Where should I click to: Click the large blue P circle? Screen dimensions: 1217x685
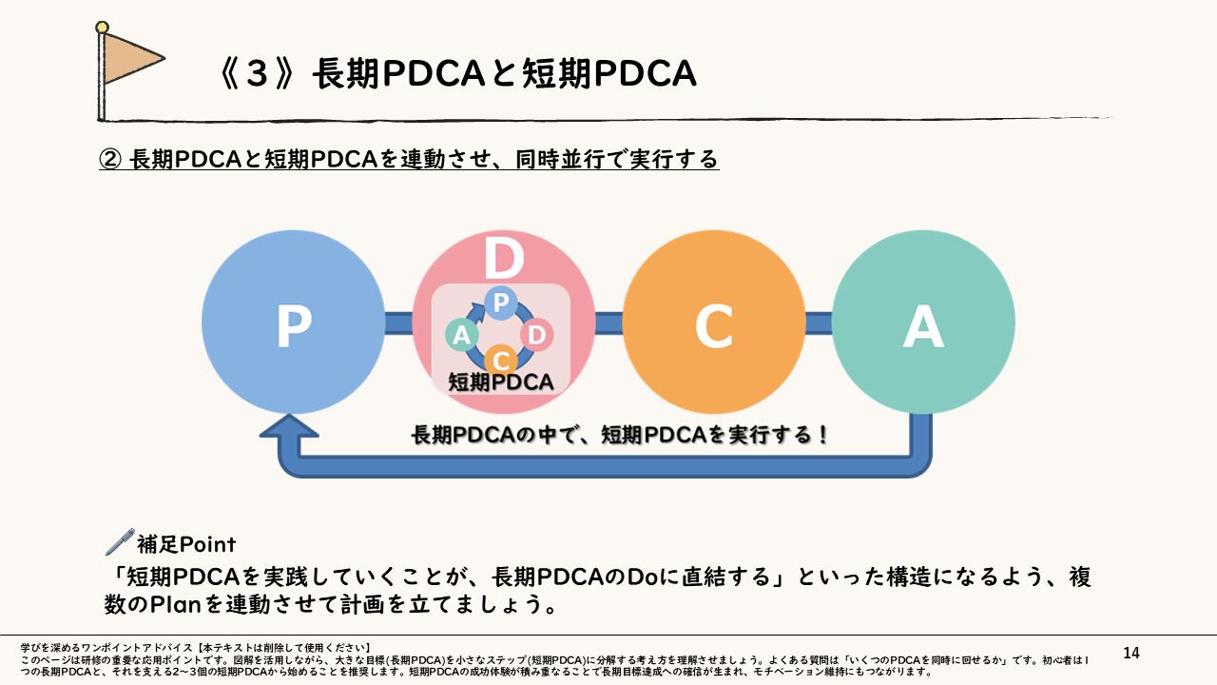[x=294, y=323]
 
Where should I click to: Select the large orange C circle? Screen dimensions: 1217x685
[x=713, y=323]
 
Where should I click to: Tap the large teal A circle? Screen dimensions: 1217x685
[x=923, y=323]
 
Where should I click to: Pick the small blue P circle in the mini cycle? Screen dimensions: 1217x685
[x=500, y=302]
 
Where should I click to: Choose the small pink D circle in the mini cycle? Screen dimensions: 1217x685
[x=537, y=334]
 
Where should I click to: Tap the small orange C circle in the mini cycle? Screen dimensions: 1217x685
[x=500, y=361]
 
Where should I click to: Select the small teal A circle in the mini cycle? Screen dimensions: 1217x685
[x=462, y=334]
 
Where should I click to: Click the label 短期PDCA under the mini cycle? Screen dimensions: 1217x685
[x=500, y=382]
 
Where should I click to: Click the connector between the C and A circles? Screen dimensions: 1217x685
[x=819, y=323]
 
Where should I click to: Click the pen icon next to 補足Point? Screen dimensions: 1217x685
[x=120, y=542]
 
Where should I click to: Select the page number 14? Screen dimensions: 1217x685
[x=1131, y=653]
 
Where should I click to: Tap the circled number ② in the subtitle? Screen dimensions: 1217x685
[x=110, y=159]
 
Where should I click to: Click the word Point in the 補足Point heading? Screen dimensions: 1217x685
[x=206, y=544]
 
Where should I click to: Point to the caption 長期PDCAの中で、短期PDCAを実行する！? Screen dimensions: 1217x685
[x=620, y=436]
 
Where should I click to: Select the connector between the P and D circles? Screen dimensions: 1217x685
[x=398, y=323]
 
